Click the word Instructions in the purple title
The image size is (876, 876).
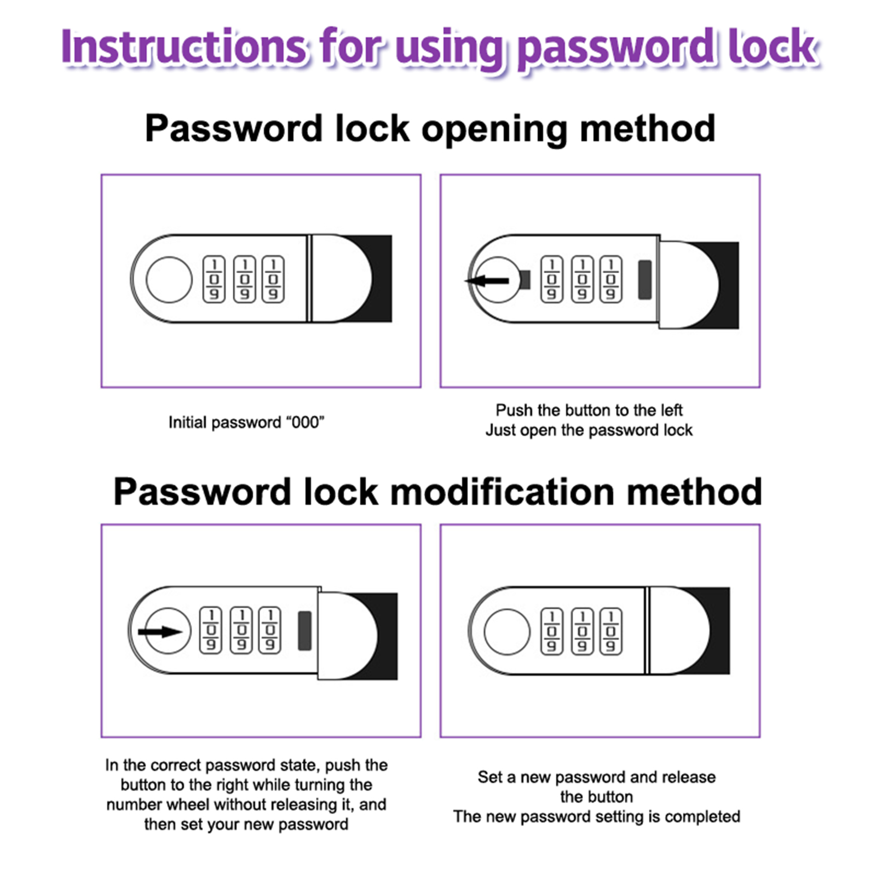click(x=183, y=47)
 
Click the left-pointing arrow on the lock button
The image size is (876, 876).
click(x=487, y=281)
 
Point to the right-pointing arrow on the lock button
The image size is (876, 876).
click(x=160, y=632)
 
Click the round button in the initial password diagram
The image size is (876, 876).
click(x=169, y=280)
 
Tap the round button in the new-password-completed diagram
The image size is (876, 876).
click(x=507, y=631)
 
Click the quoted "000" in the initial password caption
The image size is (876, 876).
click(x=305, y=423)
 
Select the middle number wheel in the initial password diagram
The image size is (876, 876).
click(x=244, y=279)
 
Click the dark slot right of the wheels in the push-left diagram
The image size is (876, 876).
click(x=645, y=280)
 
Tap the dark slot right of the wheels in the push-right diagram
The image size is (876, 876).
click(x=305, y=631)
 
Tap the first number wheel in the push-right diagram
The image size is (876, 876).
click(x=211, y=630)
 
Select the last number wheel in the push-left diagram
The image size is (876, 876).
click(x=611, y=279)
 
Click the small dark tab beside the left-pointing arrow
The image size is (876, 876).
click(x=525, y=280)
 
